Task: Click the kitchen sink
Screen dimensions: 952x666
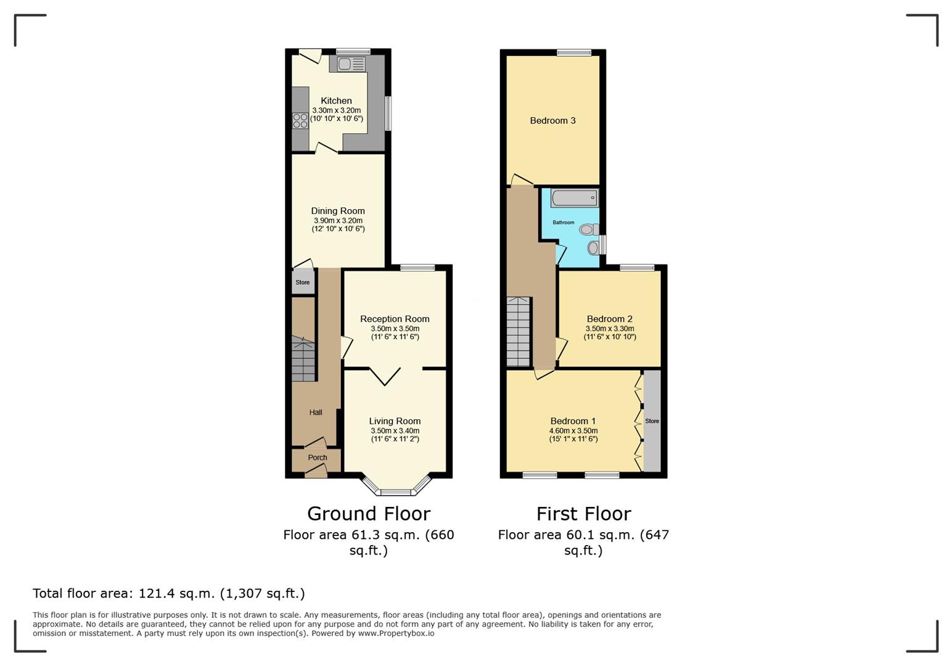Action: [351, 64]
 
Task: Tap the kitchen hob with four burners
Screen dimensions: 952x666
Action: [300, 120]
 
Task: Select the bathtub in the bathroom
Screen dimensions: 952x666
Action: [575, 199]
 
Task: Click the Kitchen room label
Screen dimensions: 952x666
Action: [336, 101]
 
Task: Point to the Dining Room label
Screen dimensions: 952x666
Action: [338, 211]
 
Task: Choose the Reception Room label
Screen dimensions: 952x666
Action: [395, 319]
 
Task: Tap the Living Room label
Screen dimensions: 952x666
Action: [395, 421]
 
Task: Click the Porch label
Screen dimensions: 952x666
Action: [318, 458]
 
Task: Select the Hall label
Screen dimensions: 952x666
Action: [316, 413]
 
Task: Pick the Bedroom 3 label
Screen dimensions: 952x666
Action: [552, 121]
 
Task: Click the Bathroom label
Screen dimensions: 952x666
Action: [563, 222]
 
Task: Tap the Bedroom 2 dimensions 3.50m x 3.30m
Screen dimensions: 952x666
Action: [610, 329]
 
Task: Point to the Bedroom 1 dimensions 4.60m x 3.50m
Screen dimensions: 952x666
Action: [573, 430]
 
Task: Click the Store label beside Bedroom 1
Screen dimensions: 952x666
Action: [652, 421]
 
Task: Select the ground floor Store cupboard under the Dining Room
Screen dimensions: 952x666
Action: [303, 281]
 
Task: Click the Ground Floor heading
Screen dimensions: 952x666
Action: [369, 514]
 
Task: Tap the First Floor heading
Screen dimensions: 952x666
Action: [583, 514]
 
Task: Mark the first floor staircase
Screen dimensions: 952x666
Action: [519, 332]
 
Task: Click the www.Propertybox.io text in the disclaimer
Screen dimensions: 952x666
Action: [396, 633]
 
